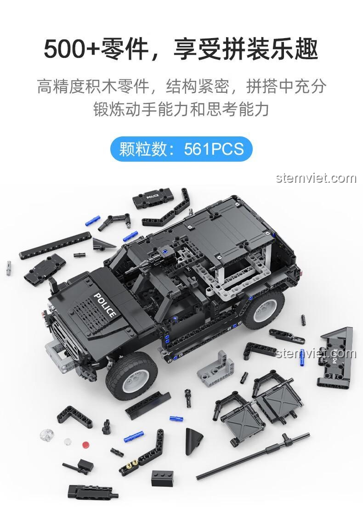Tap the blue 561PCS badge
(x=181, y=149)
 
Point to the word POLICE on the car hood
(x=105, y=305)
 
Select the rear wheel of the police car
(x=264, y=309)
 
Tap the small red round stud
(x=86, y=445)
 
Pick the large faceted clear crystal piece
(x=47, y=434)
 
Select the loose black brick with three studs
(x=162, y=478)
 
